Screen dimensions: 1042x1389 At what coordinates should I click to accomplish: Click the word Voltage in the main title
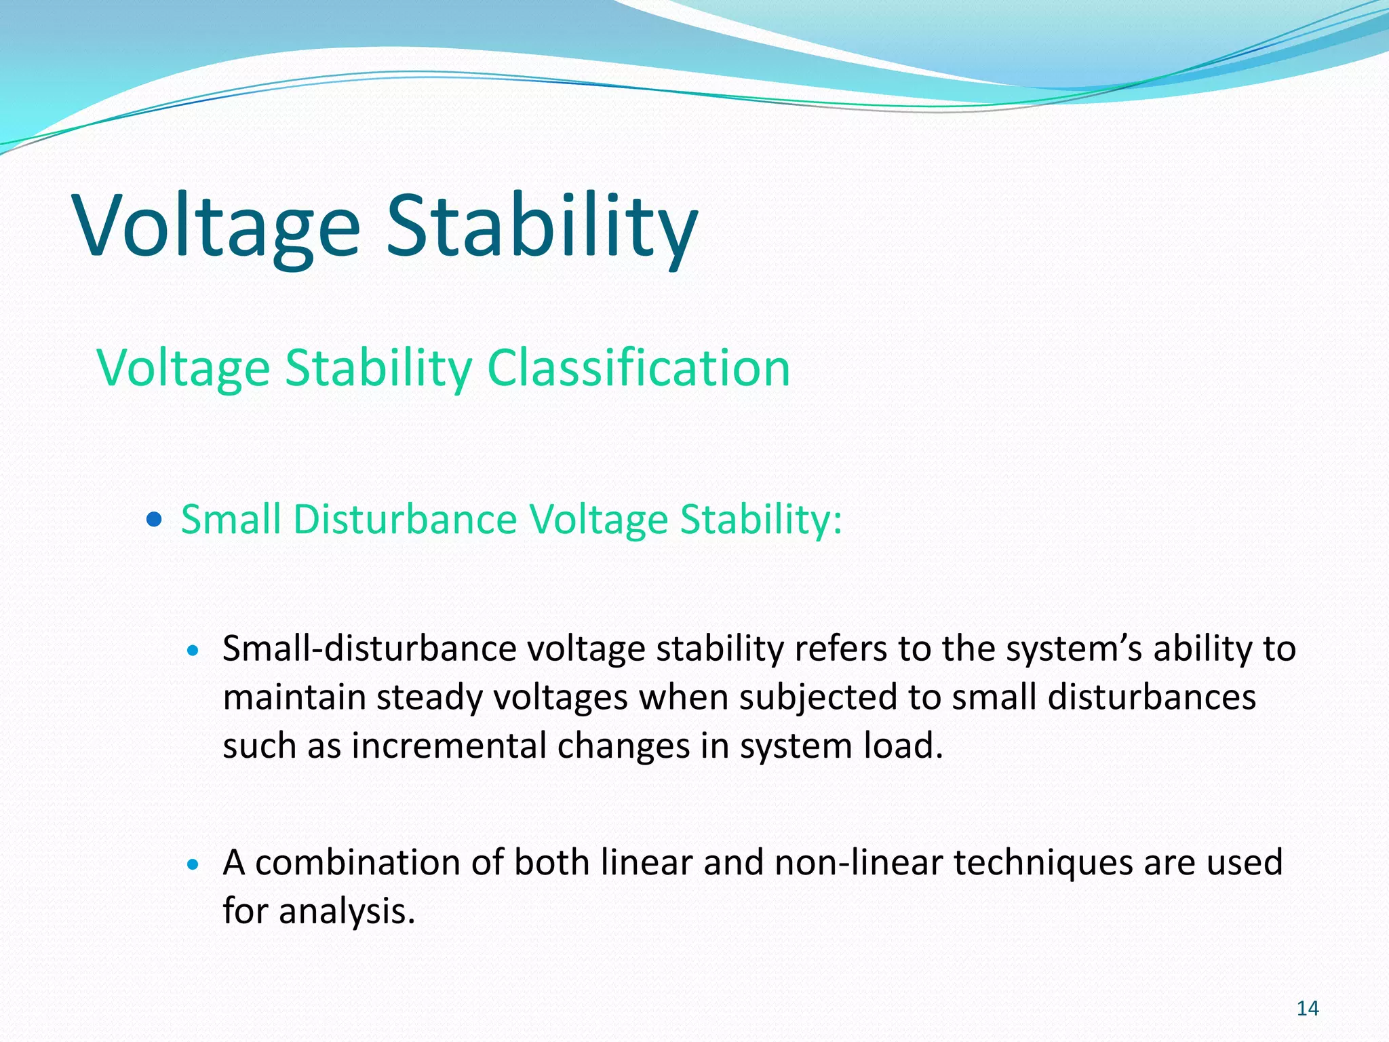(x=217, y=226)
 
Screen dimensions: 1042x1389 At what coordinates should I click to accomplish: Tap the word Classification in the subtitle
(x=638, y=368)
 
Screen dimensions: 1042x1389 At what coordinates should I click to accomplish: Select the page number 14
(x=1307, y=1009)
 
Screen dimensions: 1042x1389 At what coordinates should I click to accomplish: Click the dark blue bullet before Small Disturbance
(x=155, y=520)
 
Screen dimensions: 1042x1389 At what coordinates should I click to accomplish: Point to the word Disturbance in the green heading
(x=405, y=520)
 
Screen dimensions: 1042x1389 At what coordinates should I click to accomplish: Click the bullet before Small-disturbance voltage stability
(x=193, y=651)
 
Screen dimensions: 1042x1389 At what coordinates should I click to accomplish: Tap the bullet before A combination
(x=193, y=864)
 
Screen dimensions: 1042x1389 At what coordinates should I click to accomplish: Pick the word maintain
(x=294, y=697)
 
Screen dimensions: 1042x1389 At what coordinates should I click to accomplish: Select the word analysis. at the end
(x=347, y=911)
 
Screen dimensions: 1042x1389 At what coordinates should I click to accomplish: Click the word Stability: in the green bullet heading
(x=761, y=520)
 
